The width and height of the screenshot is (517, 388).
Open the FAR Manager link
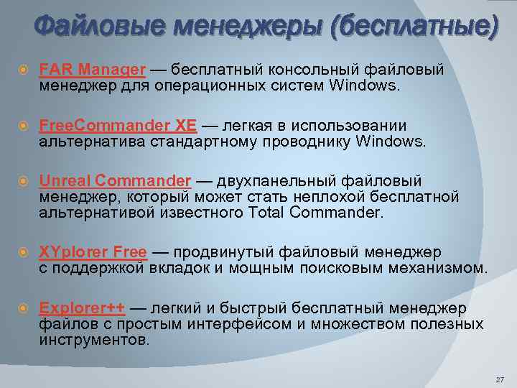pyautogui.click(x=93, y=70)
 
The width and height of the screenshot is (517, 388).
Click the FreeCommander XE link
pyautogui.click(x=118, y=125)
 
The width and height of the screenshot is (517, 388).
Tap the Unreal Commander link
pyautogui.click(x=115, y=180)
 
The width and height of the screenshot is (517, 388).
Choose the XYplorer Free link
pyautogui.click(x=93, y=252)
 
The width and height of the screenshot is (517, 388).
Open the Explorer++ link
pyautogui.click(x=82, y=308)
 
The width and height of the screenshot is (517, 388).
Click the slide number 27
pyautogui.click(x=500, y=379)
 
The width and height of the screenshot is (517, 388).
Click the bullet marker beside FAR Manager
pyautogui.click(x=23, y=70)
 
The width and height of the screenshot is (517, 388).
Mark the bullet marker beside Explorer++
pyautogui.click(x=23, y=309)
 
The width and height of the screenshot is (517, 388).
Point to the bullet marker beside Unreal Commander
pyautogui.click(x=23, y=181)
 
